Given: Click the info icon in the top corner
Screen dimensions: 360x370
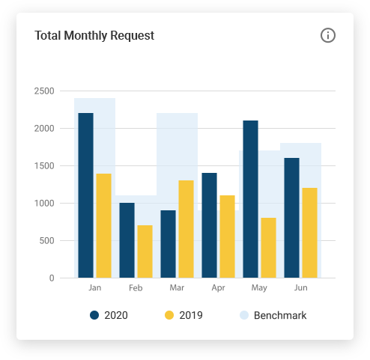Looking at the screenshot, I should point(327,35).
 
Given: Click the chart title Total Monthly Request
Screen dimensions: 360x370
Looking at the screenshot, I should point(94,35).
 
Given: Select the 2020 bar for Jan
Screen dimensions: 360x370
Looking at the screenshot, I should point(85,195).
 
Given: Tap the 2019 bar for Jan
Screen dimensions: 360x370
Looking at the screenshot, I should point(103,225).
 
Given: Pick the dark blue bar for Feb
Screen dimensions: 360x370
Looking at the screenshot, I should point(127,240).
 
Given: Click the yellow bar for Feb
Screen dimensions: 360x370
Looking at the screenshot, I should point(145,251).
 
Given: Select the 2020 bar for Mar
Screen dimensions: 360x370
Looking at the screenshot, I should point(168,244).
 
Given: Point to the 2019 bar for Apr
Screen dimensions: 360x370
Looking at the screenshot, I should point(227,237).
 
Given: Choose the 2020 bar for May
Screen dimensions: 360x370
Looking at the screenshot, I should point(250,199).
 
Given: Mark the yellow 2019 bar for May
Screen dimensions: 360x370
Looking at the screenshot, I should point(268,248).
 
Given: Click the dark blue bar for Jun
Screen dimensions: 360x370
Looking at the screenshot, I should point(291,218).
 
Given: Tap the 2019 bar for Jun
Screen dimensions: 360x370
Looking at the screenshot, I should point(309,233).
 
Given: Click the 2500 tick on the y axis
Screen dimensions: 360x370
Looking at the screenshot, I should point(44,91).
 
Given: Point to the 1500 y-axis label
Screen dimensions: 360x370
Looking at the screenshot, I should point(44,166).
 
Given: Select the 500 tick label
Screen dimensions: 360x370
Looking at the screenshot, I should point(46,241).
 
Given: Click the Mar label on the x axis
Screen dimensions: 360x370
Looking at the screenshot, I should point(177,287).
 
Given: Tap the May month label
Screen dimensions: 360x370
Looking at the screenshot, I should point(259,287).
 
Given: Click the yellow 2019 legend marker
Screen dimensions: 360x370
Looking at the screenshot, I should point(169,315).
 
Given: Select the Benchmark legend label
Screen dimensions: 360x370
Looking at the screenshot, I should point(280,315).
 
